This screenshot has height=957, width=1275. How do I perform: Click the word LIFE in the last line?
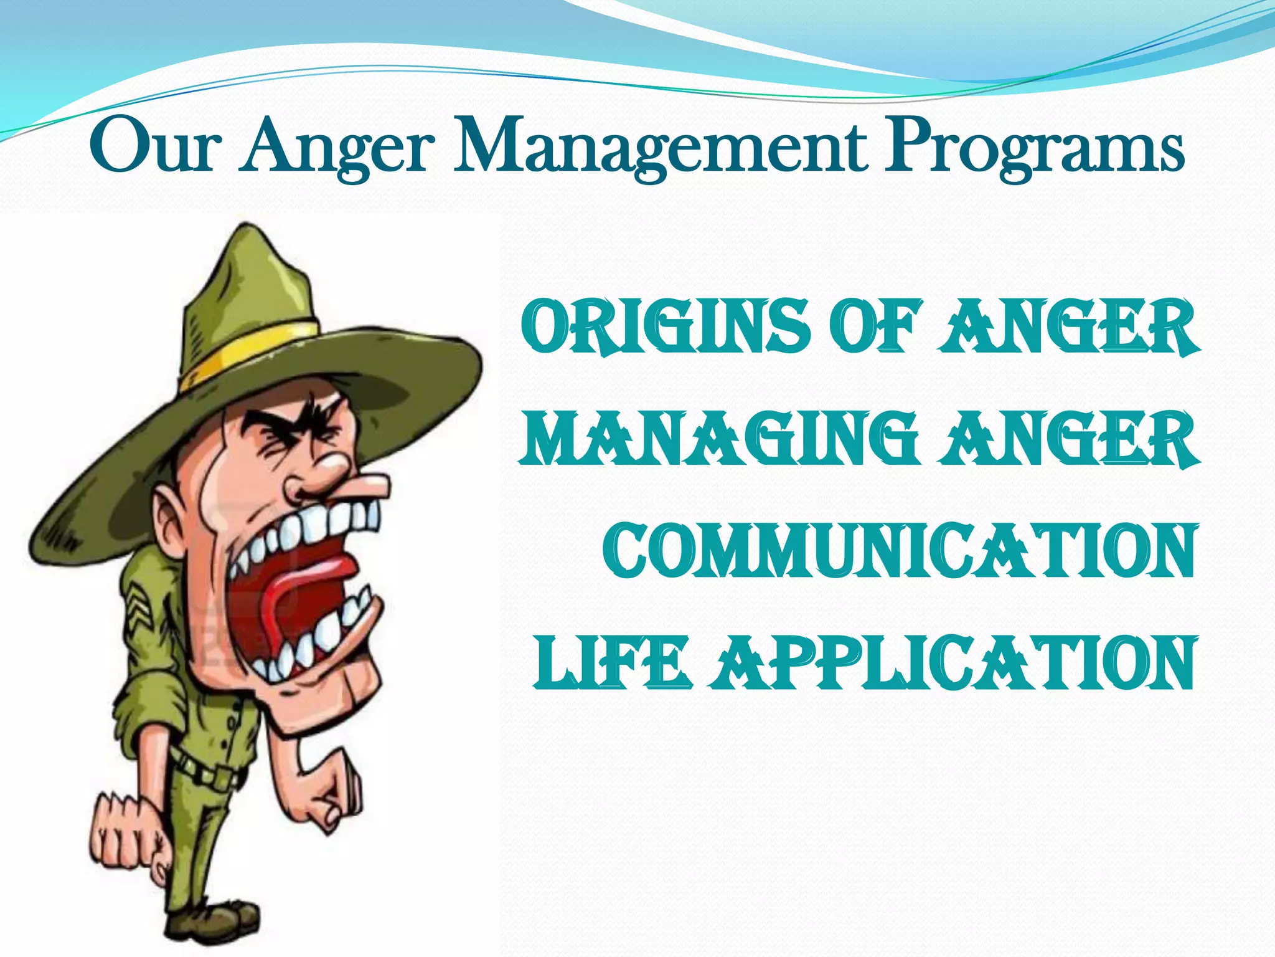tap(611, 663)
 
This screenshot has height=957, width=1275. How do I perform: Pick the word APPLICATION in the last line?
tap(953, 663)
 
